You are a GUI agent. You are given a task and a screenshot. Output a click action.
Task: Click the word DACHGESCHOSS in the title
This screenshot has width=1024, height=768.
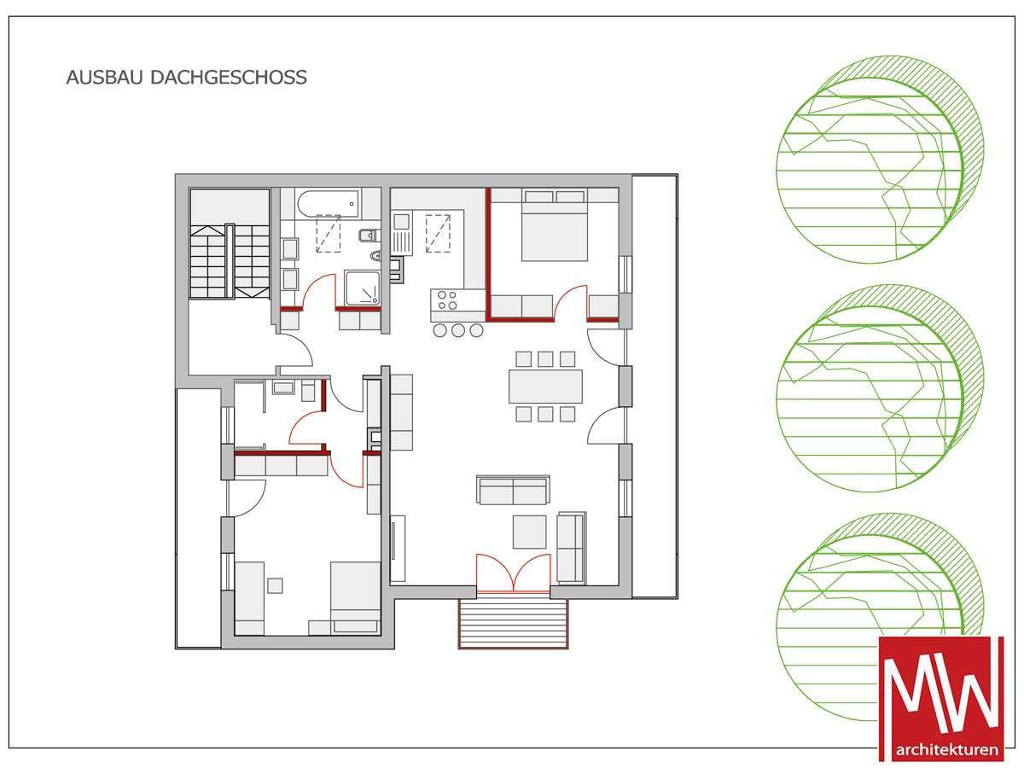coord(229,78)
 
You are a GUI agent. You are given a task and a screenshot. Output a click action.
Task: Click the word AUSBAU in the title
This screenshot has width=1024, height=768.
coord(104,78)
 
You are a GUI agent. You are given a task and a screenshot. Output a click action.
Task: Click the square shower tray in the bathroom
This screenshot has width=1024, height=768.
coord(362,288)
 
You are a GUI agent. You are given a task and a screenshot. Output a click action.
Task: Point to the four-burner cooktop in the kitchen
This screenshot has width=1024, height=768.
coord(447,300)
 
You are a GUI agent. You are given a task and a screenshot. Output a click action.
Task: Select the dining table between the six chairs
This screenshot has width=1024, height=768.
coord(545,387)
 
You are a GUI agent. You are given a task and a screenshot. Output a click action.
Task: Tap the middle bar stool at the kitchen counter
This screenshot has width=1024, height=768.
coord(458,330)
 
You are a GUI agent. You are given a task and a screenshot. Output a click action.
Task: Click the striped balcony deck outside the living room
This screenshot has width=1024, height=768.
coord(513,623)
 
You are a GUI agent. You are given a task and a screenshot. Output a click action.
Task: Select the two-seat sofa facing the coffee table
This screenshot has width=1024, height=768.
coord(513,490)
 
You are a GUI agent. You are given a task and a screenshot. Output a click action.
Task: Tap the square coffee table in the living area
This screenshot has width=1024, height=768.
coord(530,532)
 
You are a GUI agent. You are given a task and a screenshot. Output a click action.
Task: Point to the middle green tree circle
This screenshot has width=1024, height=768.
coord(880,388)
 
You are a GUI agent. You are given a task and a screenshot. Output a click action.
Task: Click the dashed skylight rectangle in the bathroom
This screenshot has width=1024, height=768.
coord(329,233)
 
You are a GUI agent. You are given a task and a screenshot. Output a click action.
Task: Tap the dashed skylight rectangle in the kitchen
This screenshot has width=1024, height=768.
coord(438,233)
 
